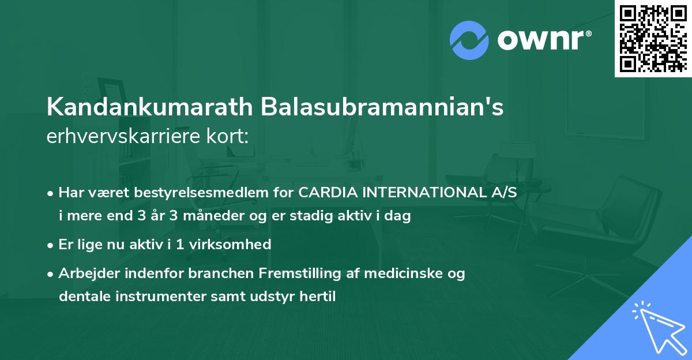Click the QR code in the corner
(653, 38)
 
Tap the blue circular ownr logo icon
(469, 40)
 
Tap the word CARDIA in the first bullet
(327, 194)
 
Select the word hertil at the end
(317, 297)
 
